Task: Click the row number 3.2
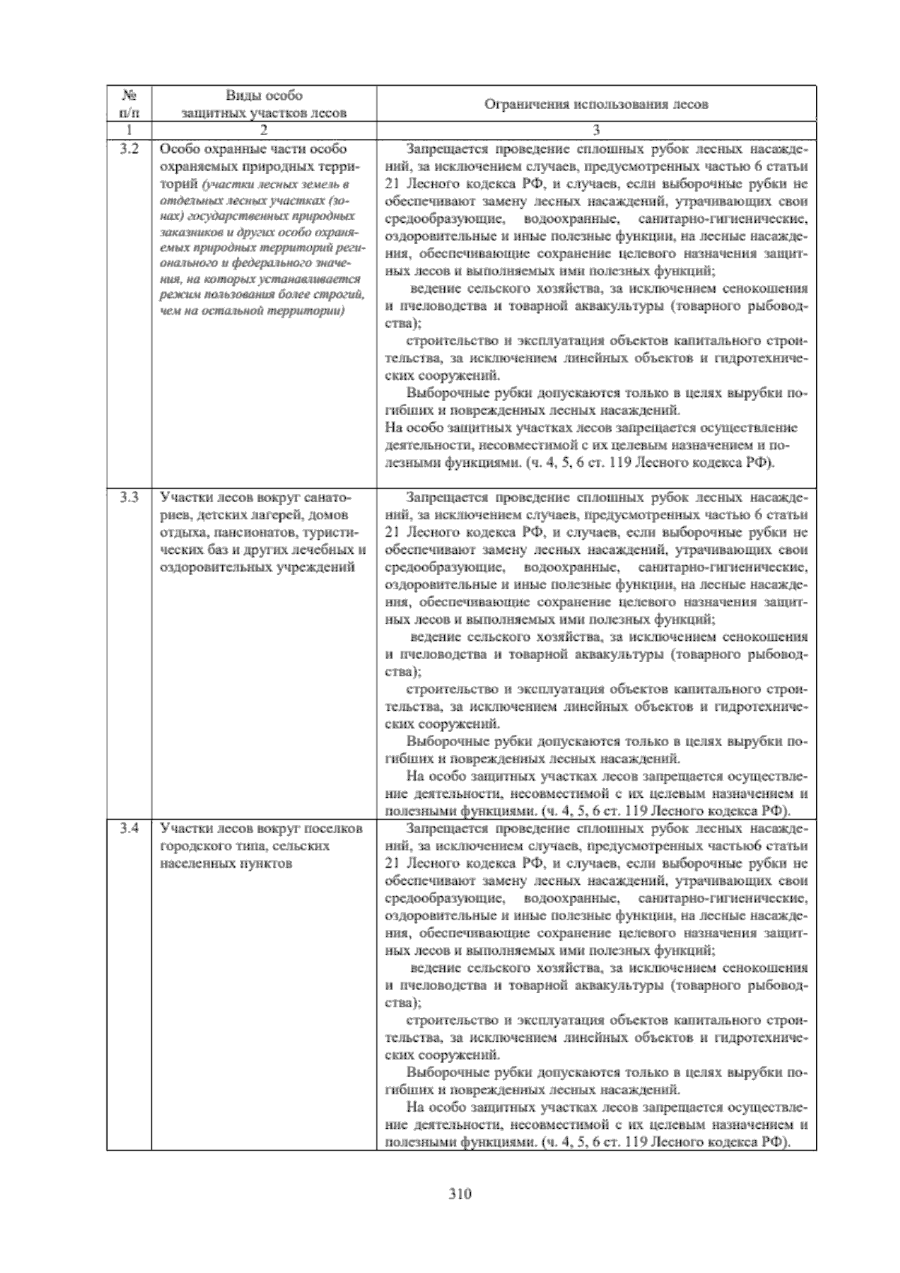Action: (x=129, y=149)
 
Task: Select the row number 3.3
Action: (x=129, y=497)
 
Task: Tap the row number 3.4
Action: (x=129, y=829)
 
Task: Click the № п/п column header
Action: (x=129, y=104)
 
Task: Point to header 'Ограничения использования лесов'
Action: (x=596, y=104)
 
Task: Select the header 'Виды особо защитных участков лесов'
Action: (x=264, y=104)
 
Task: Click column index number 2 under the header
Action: (x=264, y=129)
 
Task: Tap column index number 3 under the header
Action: (x=596, y=129)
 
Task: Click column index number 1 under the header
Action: (x=129, y=129)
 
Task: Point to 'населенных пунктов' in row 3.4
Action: (x=226, y=863)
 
